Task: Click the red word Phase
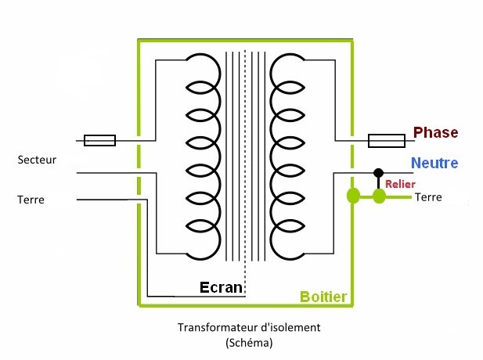coord(435,132)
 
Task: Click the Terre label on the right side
coord(428,197)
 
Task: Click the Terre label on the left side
coord(31,200)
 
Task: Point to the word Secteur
coord(36,160)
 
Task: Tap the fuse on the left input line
coord(99,141)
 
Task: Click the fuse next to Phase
coord(387,141)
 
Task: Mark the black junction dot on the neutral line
coord(378,171)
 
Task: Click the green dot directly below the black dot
coord(380,195)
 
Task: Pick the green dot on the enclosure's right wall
coord(352,195)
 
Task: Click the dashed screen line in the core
coord(244,157)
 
